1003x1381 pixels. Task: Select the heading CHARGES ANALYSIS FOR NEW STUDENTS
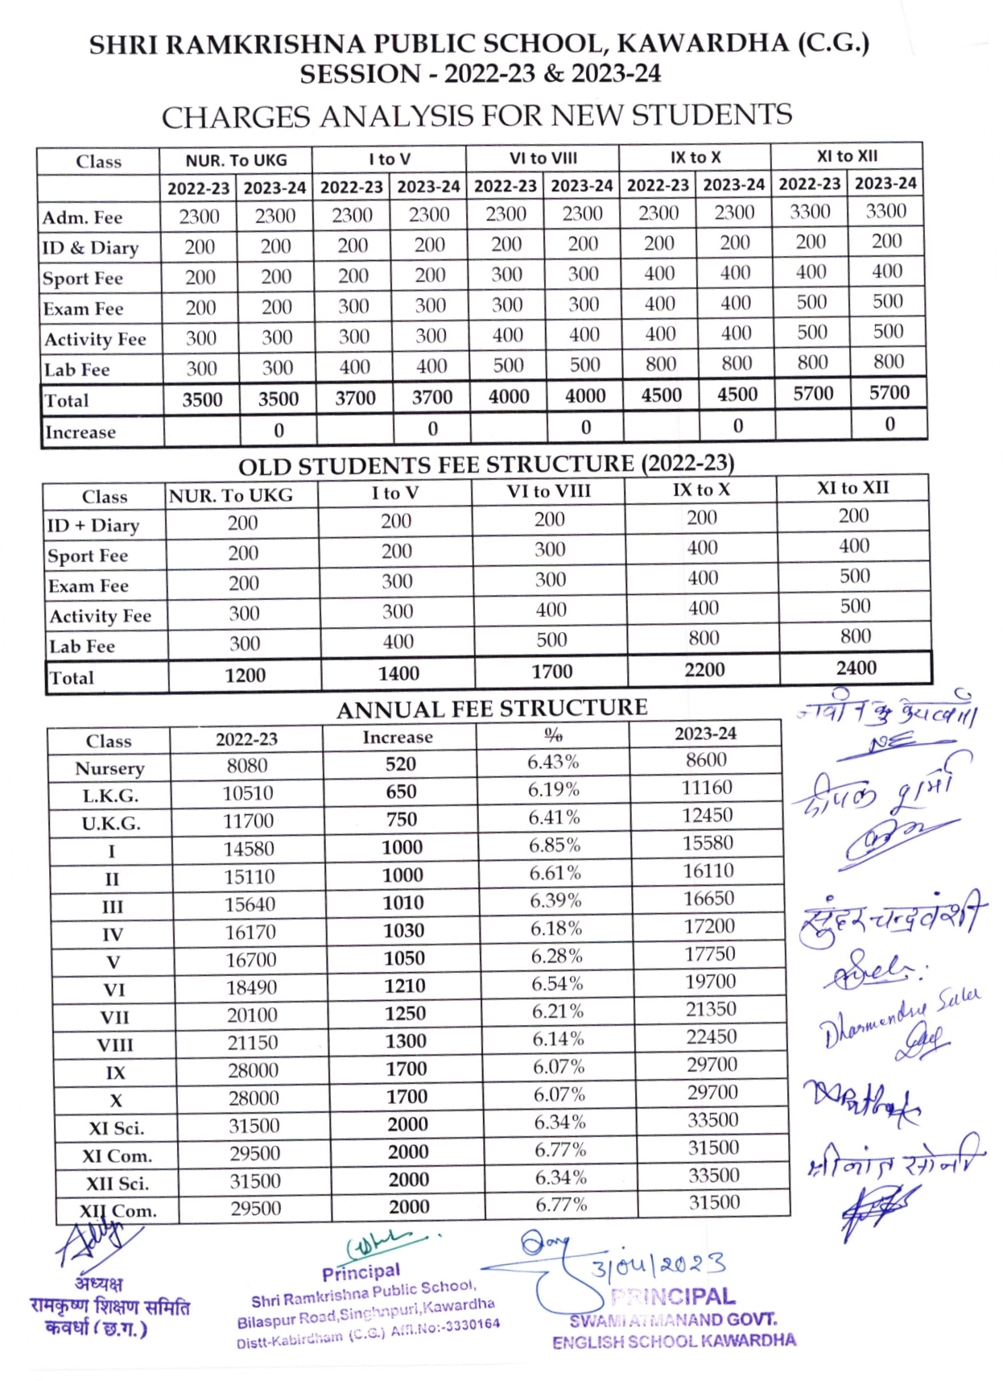pyautogui.click(x=477, y=117)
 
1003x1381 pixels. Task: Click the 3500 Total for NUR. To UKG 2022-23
pyautogui.click(x=202, y=399)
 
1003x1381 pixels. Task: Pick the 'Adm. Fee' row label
pyautogui.click(x=82, y=217)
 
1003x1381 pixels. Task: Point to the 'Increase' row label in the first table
pyautogui.click(x=80, y=432)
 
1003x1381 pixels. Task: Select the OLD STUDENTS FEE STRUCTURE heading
pyautogui.click(x=486, y=465)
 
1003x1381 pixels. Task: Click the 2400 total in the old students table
pyautogui.click(x=856, y=668)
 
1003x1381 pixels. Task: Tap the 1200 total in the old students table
pyautogui.click(x=245, y=675)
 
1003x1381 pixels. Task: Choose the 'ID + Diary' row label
pyautogui.click(x=93, y=526)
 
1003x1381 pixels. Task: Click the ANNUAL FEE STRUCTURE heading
pyautogui.click(x=491, y=709)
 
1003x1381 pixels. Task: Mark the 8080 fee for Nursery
pyautogui.click(x=246, y=765)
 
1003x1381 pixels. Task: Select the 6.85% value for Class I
pyautogui.click(x=555, y=845)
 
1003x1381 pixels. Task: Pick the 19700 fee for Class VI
pyautogui.click(x=710, y=981)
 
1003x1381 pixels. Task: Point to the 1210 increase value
pyautogui.click(x=404, y=986)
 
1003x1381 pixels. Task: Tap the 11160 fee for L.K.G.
pyautogui.click(x=707, y=787)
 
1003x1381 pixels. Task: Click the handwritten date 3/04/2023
pyautogui.click(x=658, y=1265)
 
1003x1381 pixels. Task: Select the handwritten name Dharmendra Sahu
pyautogui.click(x=898, y=1018)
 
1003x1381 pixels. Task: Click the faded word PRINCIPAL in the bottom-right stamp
pyautogui.click(x=673, y=1297)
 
